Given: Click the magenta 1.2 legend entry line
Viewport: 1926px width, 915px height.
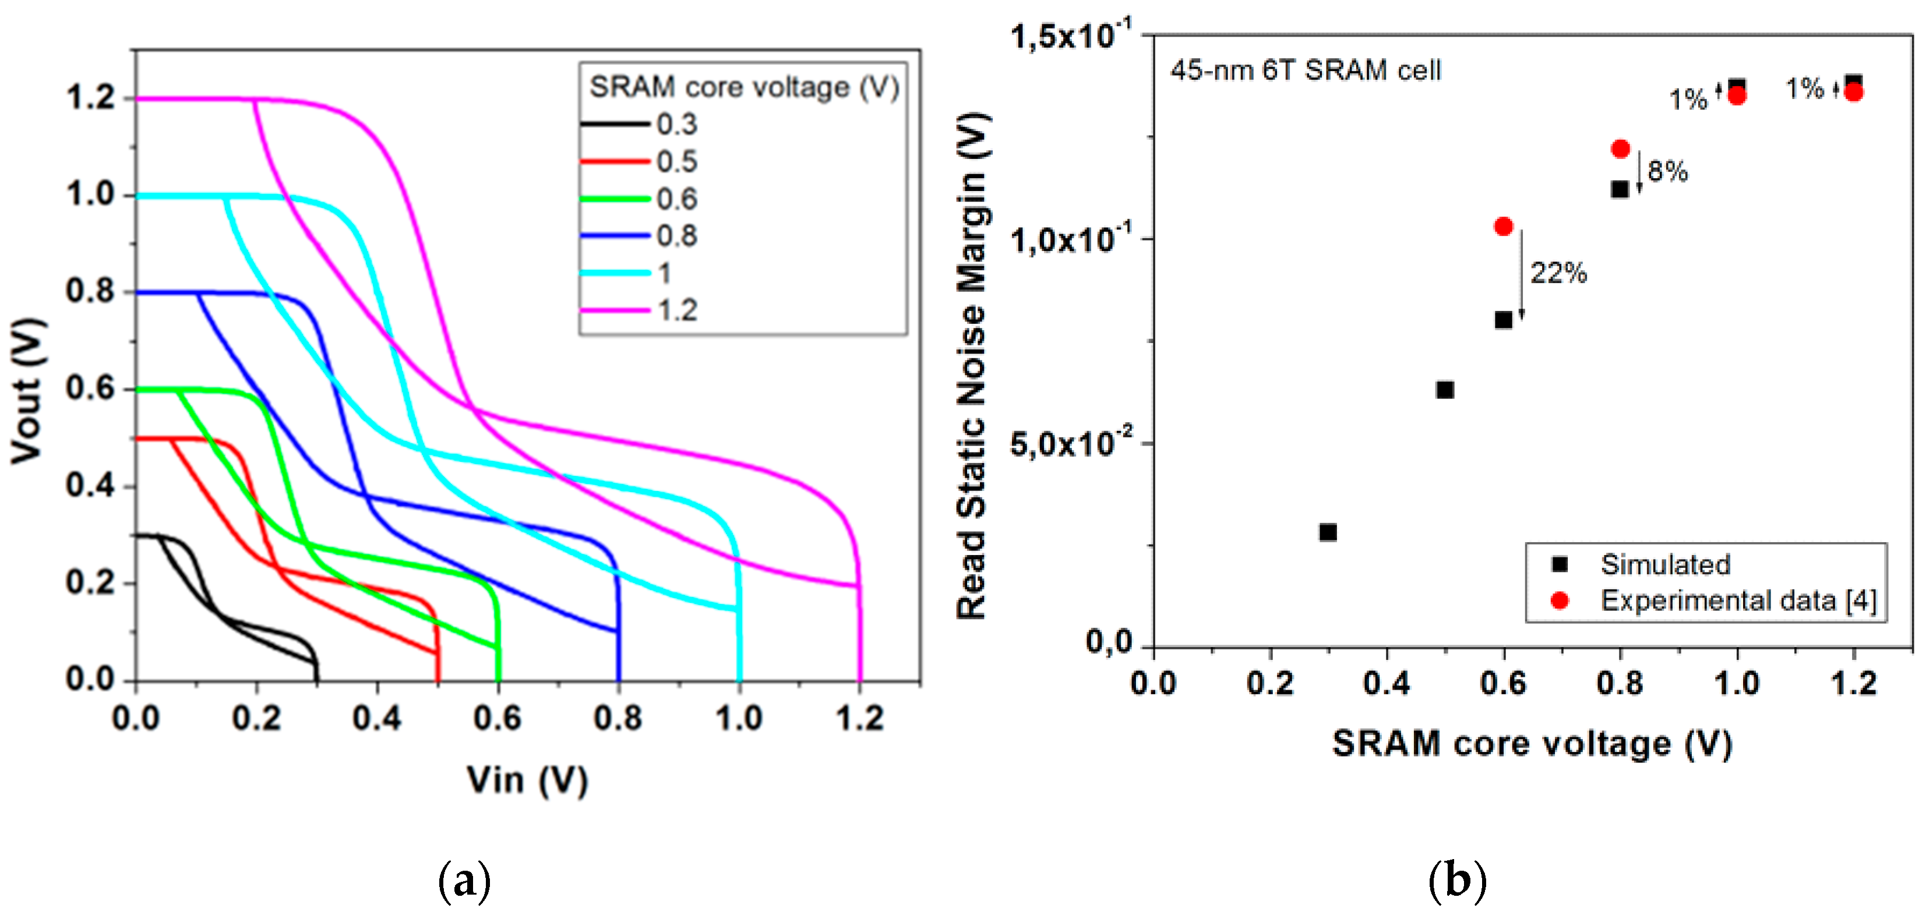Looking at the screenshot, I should point(615,309).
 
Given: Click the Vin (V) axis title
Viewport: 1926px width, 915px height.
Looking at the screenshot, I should point(527,780).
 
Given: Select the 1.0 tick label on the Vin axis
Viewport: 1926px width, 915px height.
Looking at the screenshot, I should point(739,718).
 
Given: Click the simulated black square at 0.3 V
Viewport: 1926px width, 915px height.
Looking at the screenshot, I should point(1328,532).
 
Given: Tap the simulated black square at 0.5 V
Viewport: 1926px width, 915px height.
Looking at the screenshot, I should point(1445,390).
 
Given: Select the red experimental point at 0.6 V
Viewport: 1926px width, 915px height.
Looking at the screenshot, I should point(1504,227).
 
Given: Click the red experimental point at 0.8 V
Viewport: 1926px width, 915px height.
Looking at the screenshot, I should point(1620,149).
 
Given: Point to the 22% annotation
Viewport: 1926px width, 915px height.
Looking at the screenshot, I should point(1558,273).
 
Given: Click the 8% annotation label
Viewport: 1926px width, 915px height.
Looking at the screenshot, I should point(1667,171).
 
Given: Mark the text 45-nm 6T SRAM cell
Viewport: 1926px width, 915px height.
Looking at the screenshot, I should point(1306,70).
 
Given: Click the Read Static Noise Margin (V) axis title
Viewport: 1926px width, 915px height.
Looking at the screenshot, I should point(972,366).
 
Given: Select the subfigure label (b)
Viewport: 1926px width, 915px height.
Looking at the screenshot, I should point(1457,881).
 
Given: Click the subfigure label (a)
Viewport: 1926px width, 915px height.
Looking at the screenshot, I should point(464,881).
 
